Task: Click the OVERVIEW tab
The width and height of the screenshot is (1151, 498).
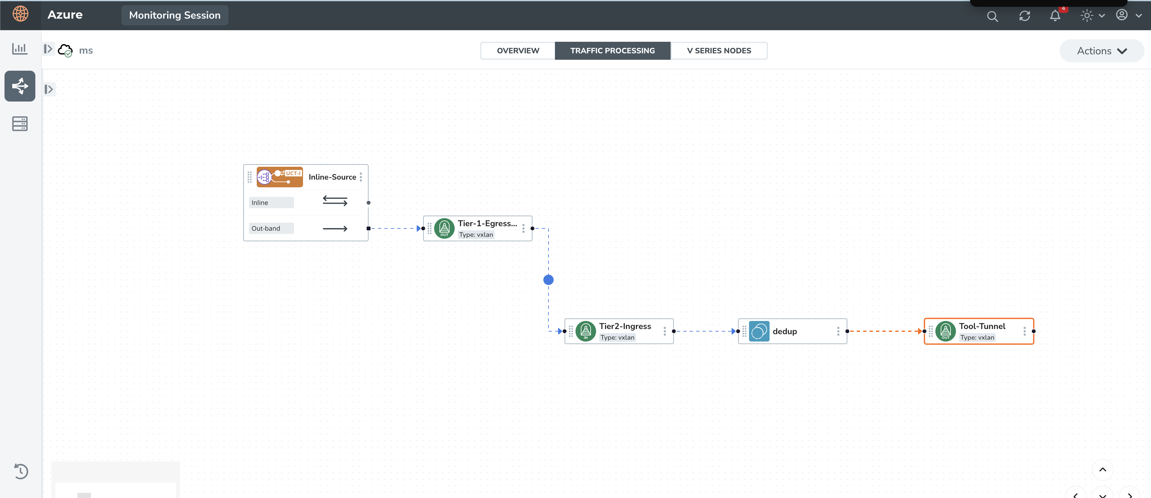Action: pyautogui.click(x=518, y=51)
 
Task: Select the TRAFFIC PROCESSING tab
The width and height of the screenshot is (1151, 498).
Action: pyautogui.click(x=612, y=51)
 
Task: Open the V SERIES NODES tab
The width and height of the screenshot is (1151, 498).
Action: pyautogui.click(x=719, y=51)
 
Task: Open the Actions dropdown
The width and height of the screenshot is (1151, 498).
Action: pyautogui.click(x=1102, y=51)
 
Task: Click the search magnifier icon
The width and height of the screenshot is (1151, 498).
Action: pyautogui.click(x=992, y=16)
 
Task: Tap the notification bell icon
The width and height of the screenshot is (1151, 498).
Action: pyautogui.click(x=1055, y=16)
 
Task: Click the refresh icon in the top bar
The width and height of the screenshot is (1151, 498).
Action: pyautogui.click(x=1024, y=16)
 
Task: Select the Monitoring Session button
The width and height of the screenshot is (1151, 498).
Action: pyautogui.click(x=175, y=15)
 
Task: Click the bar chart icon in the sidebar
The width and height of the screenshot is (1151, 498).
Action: pyautogui.click(x=20, y=48)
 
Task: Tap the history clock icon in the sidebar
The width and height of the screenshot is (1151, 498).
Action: pyautogui.click(x=21, y=471)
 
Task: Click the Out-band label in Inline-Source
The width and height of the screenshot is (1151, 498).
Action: pyautogui.click(x=266, y=228)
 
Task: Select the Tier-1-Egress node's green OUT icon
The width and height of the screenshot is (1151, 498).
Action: pyautogui.click(x=444, y=228)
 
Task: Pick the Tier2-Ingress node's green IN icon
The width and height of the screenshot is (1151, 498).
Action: pyautogui.click(x=586, y=331)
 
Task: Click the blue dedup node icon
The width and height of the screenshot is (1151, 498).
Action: pyautogui.click(x=759, y=331)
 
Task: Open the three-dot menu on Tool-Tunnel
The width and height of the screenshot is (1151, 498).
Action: pyautogui.click(x=1024, y=331)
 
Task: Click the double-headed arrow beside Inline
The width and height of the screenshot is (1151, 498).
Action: pyautogui.click(x=335, y=201)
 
